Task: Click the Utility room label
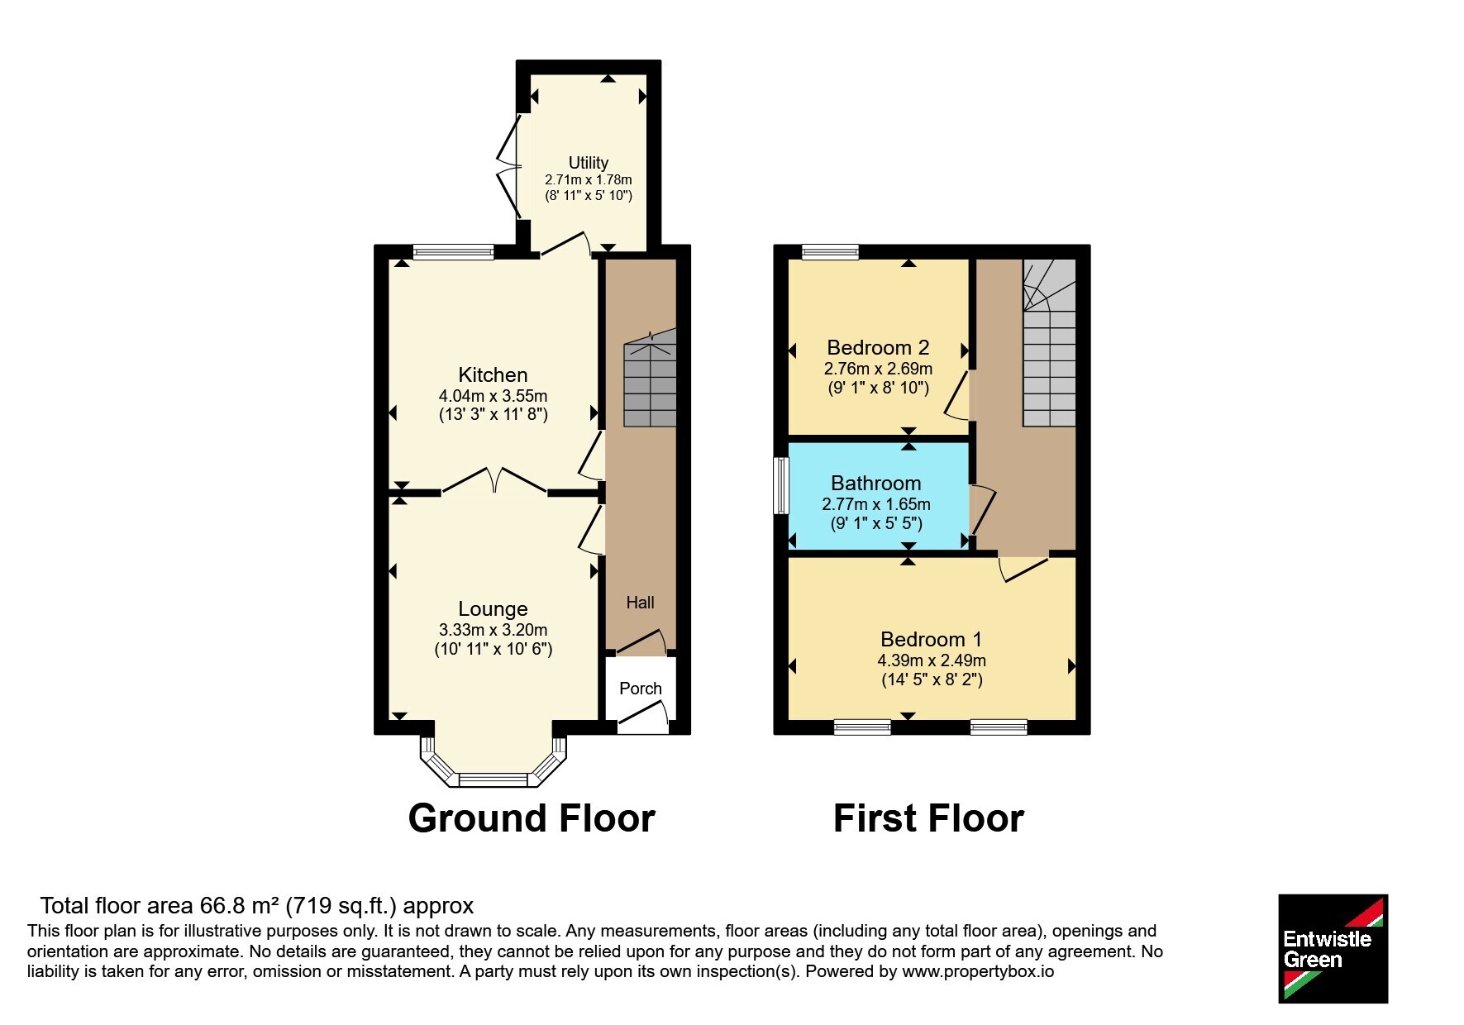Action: [x=588, y=163]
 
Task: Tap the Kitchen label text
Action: [x=493, y=374]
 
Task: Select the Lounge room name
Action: [x=493, y=609]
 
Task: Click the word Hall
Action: [x=640, y=603]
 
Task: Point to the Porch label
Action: [x=640, y=689]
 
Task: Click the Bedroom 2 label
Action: [x=878, y=347]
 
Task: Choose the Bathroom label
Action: [x=875, y=483]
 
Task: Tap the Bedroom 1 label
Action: [x=931, y=639]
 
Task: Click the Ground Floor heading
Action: [x=532, y=818]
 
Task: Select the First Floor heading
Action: [x=928, y=818]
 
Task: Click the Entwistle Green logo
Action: [x=1333, y=949]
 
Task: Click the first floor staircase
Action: [x=1049, y=342]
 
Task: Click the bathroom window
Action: [x=780, y=485]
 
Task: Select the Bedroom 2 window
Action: [x=830, y=251]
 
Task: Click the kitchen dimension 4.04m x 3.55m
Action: [x=493, y=396]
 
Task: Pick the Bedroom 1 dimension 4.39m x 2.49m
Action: [x=932, y=660]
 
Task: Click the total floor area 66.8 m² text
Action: [x=257, y=906]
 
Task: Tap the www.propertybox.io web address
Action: [x=978, y=972]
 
